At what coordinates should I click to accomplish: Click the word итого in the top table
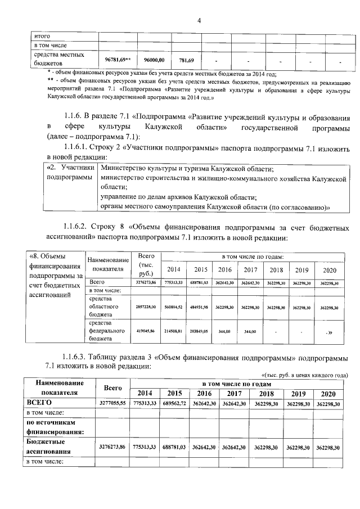click(43, 37)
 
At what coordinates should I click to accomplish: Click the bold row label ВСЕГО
click(39, 403)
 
